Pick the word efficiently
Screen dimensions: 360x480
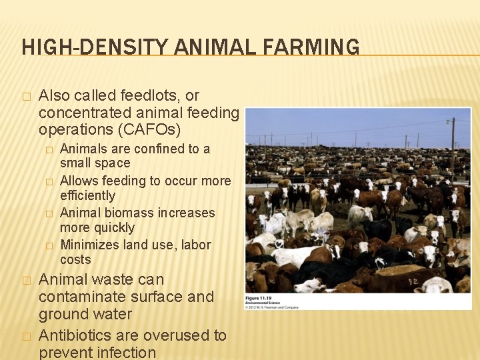pyautogui.click(x=87, y=195)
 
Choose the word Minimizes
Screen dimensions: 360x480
pyautogui.click(x=88, y=245)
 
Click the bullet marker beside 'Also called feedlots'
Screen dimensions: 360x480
pyautogui.click(x=26, y=97)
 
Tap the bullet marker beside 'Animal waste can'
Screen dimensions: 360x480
pyautogui.click(x=26, y=281)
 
